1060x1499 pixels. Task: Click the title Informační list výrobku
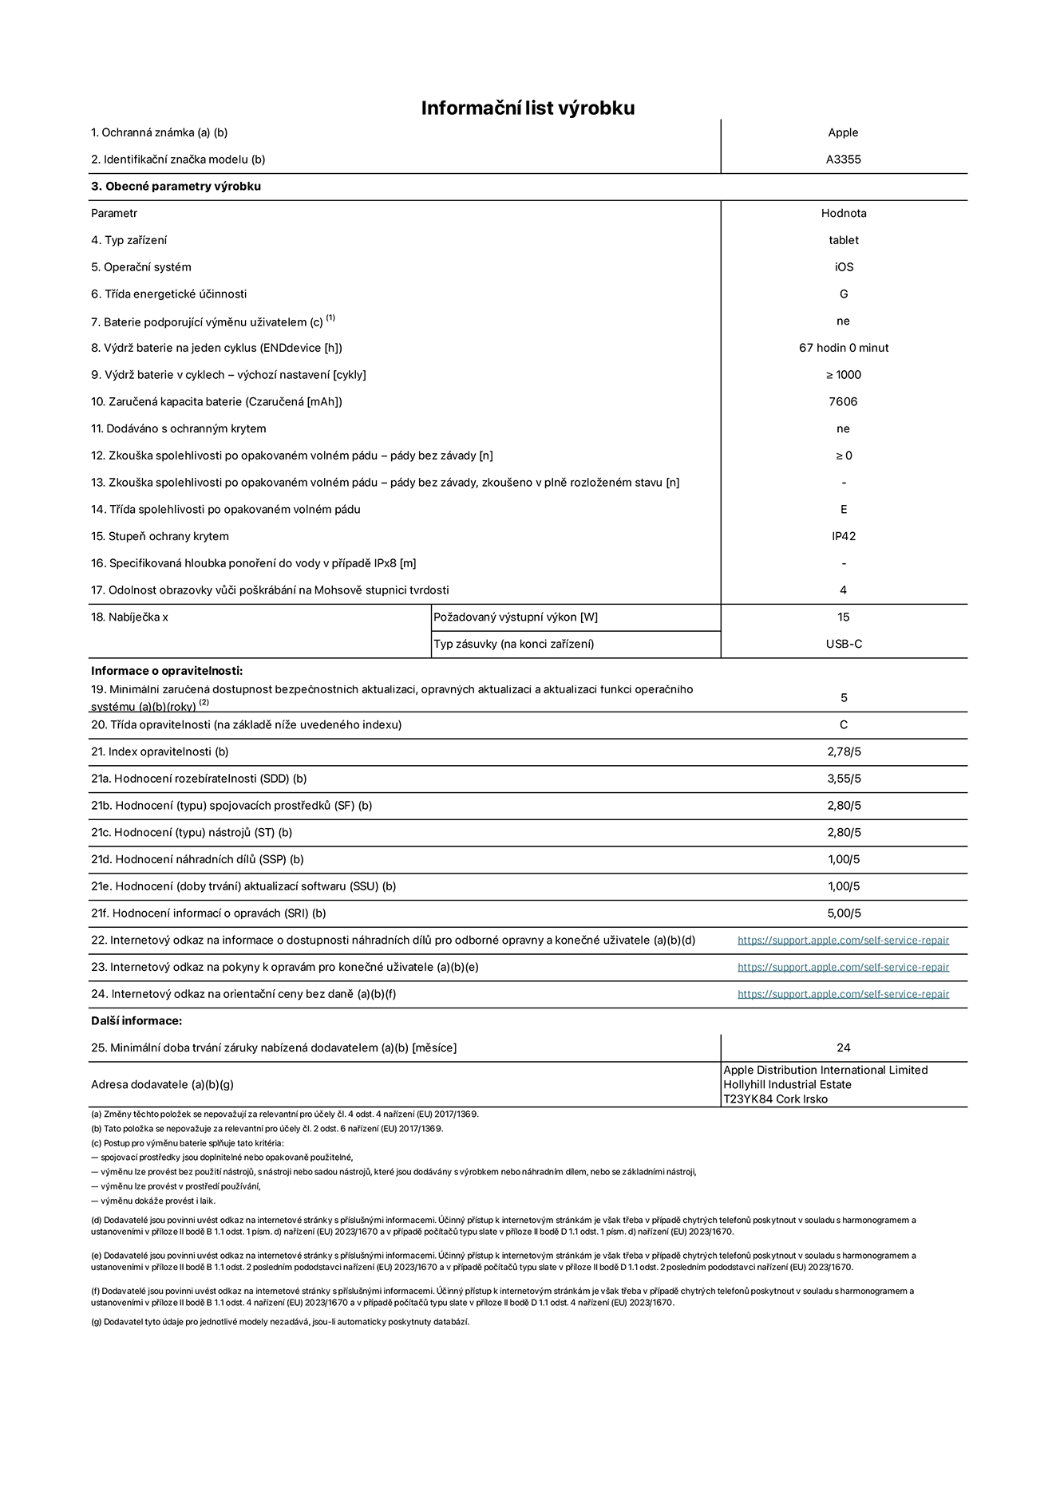point(528,108)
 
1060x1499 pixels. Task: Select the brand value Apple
point(843,132)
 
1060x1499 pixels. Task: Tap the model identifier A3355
point(843,160)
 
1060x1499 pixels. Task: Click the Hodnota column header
point(843,213)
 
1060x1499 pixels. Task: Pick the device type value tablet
point(843,240)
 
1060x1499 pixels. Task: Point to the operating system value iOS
point(843,267)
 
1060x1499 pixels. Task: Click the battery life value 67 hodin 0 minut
point(843,348)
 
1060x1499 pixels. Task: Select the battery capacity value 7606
point(843,402)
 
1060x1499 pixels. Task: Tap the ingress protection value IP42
point(843,536)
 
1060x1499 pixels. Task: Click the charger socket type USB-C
point(843,644)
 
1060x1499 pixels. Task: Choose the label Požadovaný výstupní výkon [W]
point(516,617)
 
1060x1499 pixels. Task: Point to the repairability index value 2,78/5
point(843,751)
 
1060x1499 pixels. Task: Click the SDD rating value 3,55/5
point(843,779)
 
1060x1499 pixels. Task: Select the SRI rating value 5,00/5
point(843,913)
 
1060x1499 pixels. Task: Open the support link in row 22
point(843,941)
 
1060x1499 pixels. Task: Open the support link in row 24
point(843,994)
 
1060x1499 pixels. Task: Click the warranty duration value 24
point(843,1047)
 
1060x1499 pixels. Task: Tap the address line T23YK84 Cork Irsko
point(775,1099)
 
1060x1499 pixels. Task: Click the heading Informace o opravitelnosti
point(167,671)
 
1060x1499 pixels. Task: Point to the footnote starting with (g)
point(280,1322)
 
